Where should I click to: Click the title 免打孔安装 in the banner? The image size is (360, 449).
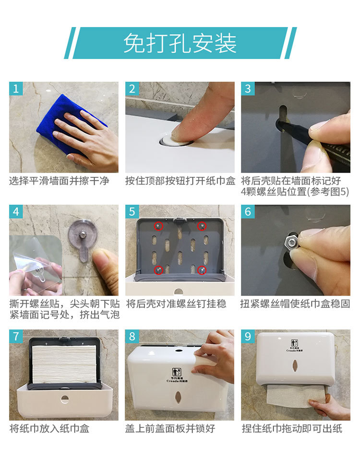[x=180, y=43]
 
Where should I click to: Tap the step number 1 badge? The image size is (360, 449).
[x=16, y=88]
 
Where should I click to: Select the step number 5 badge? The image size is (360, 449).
[x=132, y=212]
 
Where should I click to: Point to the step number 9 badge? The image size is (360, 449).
[x=248, y=336]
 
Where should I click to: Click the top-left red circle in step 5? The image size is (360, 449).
[x=158, y=226]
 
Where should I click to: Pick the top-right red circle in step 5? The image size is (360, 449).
[x=202, y=226]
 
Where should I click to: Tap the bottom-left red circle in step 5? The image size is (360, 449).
[x=158, y=270]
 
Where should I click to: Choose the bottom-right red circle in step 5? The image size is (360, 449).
[x=202, y=270]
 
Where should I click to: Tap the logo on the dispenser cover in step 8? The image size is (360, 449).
[x=177, y=375]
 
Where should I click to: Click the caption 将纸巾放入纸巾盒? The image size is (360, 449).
[x=49, y=429]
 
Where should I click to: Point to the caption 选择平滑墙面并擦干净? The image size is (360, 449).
[x=60, y=181]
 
